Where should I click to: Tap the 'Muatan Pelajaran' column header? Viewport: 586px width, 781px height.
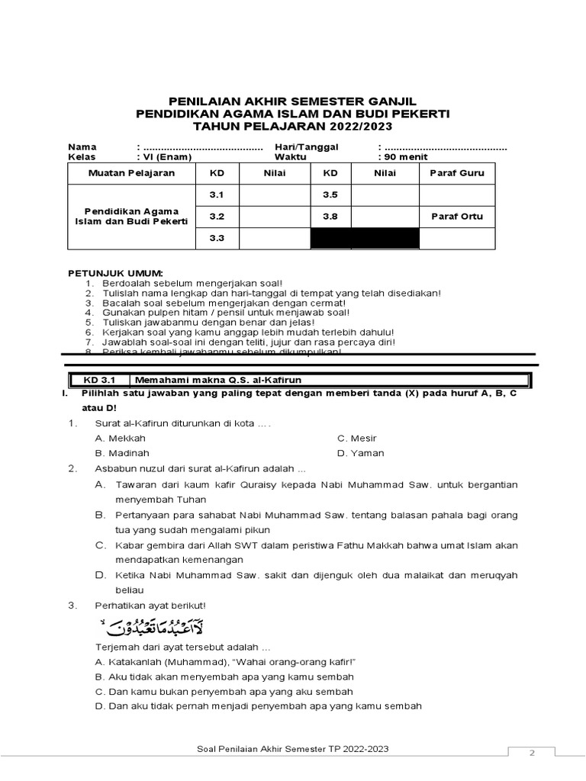coord(131,173)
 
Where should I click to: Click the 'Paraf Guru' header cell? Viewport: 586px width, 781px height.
coord(457,173)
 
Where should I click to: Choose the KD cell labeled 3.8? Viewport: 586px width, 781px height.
coord(330,217)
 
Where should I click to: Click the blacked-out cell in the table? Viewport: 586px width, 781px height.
coord(365,239)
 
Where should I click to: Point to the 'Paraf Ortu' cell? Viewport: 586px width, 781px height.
coord(457,217)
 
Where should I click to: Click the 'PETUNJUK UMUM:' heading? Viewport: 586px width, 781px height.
coord(115,273)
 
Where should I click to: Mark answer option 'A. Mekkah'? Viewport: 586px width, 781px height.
coord(120,439)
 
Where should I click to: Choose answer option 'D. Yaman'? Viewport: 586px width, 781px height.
coord(361,453)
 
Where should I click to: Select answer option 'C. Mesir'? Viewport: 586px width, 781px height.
coord(358,439)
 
